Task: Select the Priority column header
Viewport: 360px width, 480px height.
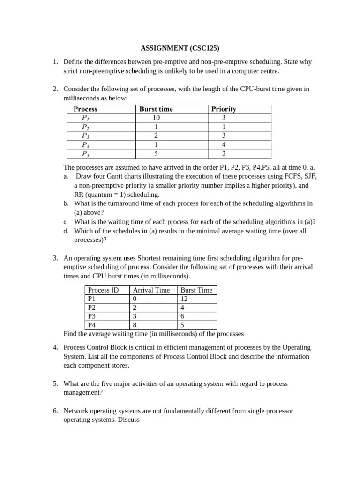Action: click(224, 109)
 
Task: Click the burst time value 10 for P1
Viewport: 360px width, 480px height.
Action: click(157, 118)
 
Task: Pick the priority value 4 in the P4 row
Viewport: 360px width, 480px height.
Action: click(224, 144)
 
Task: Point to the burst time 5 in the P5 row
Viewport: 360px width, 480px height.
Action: click(157, 153)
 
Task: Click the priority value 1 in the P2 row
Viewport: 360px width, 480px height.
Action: click(224, 127)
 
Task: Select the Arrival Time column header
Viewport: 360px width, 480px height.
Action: click(151, 290)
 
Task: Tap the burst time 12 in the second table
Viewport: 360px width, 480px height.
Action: click(184, 299)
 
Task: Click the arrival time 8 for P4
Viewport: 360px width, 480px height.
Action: click(135, 325)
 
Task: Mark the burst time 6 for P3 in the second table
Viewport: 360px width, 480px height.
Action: click(182, 316)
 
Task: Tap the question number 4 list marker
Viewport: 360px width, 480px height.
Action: click(55, 347)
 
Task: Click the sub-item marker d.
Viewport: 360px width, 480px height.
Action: click(66, 231)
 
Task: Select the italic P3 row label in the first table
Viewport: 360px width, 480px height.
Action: click(86, 135)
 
